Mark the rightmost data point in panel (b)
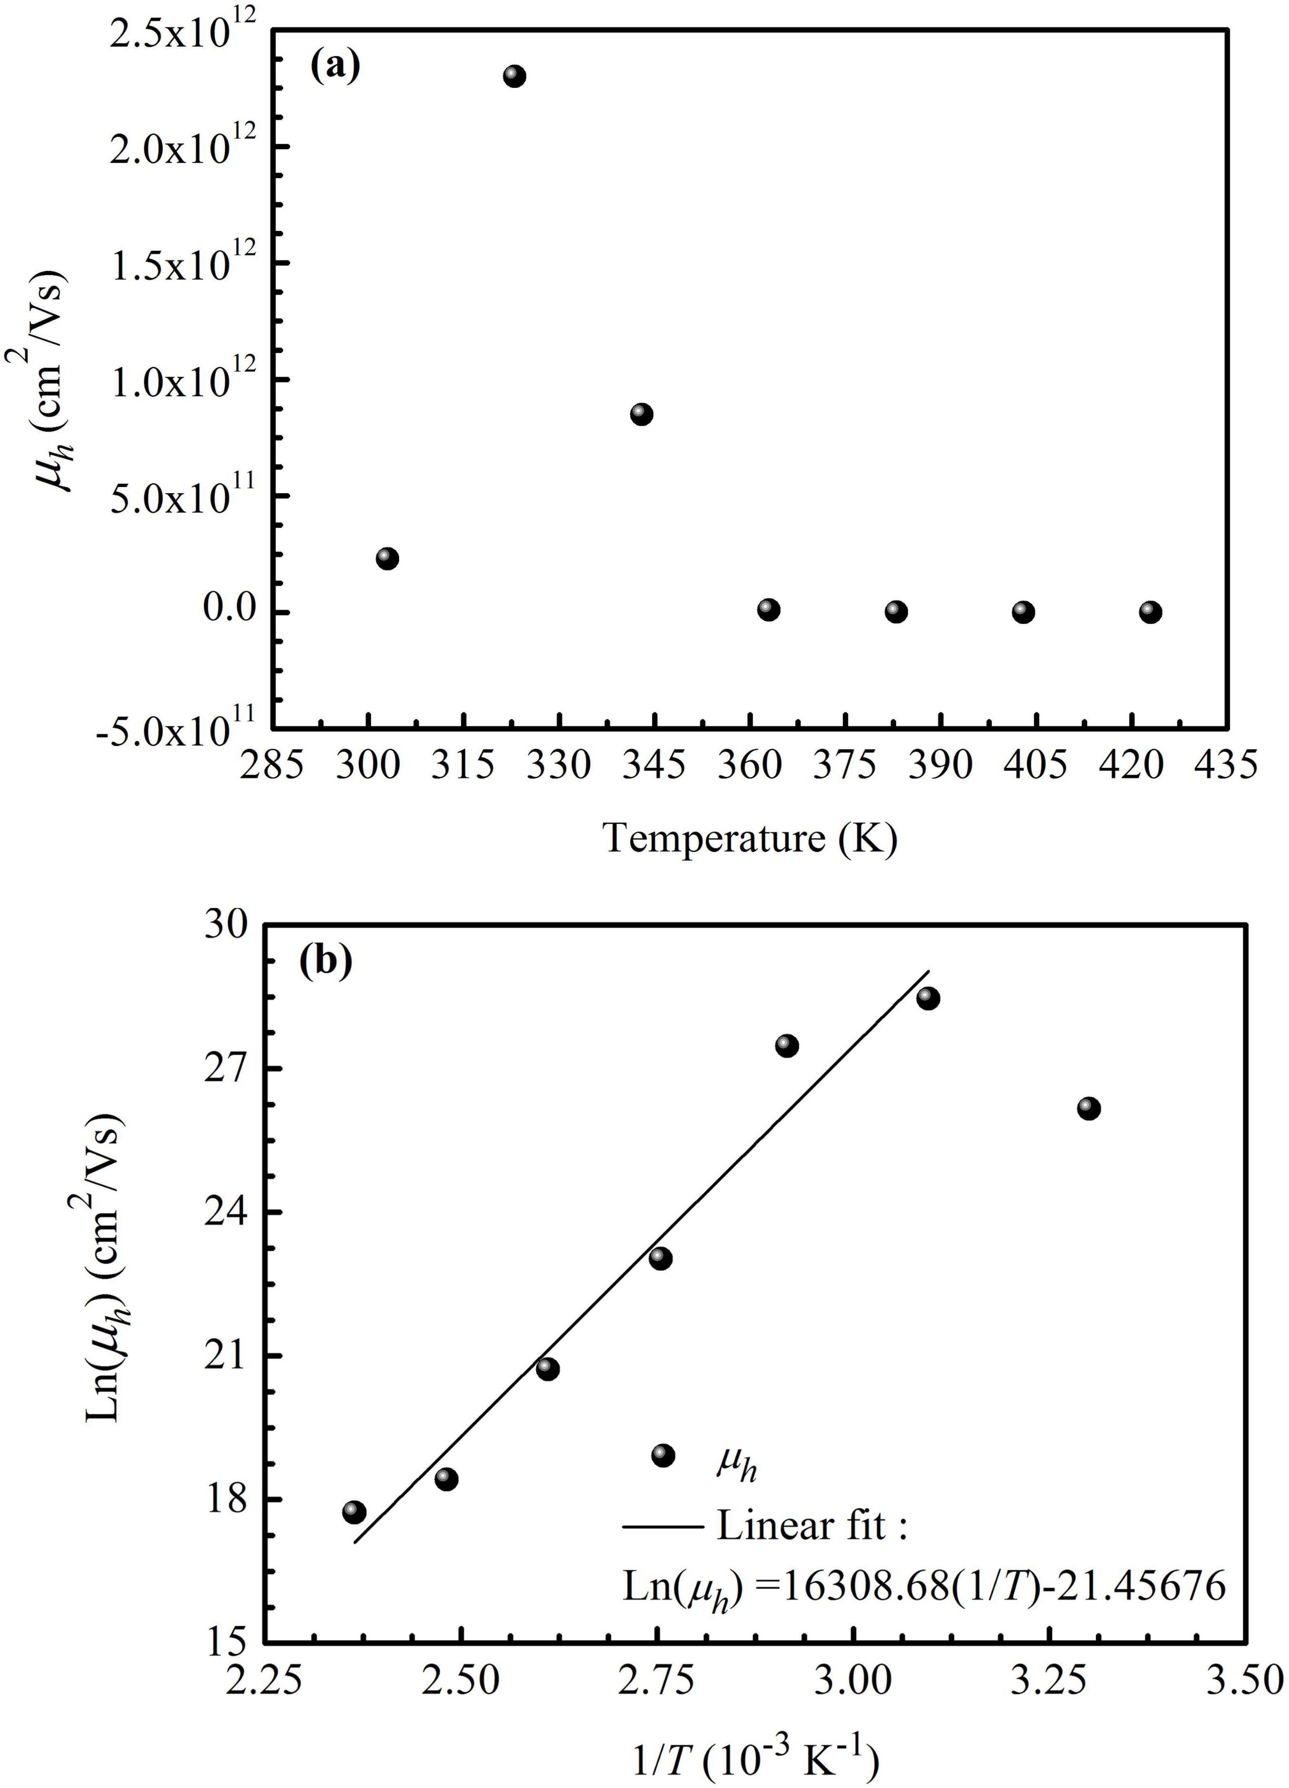[1088, 1108]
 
